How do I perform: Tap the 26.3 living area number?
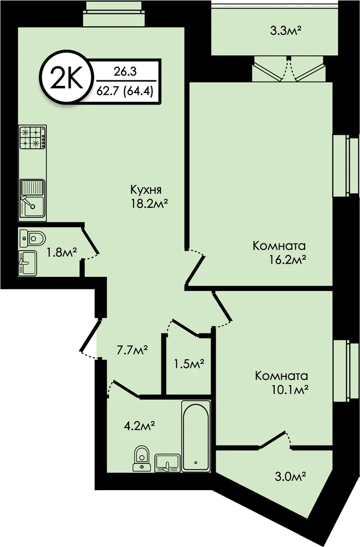point(125,72)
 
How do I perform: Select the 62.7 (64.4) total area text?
point(125,92)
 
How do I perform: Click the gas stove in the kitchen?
point(33,137)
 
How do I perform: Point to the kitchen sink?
point(32,198)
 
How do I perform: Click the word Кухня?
point(146,190)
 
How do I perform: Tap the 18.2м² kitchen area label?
point(148,203)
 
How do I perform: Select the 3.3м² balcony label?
point(286,31)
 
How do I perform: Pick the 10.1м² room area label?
point(289,389)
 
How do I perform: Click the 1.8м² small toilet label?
point(62,253)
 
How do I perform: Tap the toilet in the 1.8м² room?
point(32,238)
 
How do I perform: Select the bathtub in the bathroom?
point(196,436)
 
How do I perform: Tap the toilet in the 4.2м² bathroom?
point(142,458)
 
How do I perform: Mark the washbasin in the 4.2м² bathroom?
point(167,463)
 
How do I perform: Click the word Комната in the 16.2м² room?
point(279,246)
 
